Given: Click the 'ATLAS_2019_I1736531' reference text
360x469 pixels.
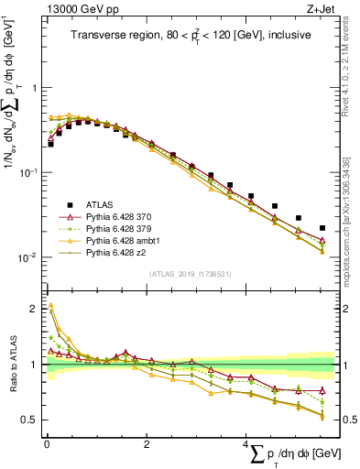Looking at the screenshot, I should coord(190,273).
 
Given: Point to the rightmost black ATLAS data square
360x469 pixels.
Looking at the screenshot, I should coord(322,228).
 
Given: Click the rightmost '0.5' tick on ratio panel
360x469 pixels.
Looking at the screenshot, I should coord(347,420).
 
